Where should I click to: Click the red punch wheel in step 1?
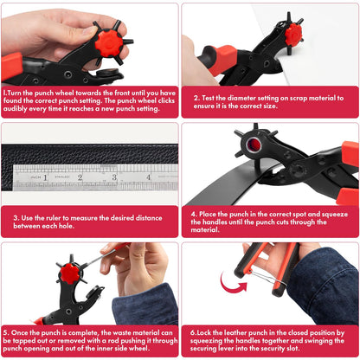(109, 41)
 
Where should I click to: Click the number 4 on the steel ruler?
(148, 177)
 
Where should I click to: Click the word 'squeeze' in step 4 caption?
(325, 211)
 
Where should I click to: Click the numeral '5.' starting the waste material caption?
(6, 331)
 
